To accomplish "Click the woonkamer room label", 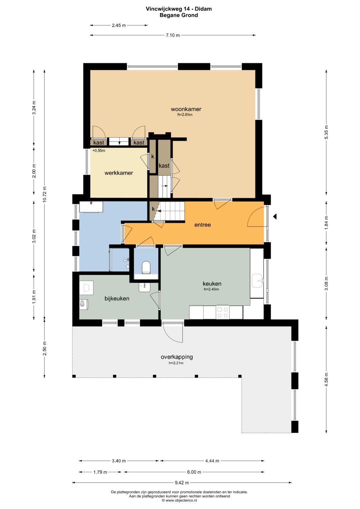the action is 186,109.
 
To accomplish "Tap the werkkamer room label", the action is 119,173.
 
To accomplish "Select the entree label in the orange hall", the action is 203,225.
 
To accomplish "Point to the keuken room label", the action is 212,284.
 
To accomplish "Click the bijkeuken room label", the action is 117,299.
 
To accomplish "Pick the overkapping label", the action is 177,357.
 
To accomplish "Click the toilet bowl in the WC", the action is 146,267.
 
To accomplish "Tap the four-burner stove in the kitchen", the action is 223,312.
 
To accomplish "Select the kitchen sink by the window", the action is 257,281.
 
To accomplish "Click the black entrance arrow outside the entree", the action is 275,217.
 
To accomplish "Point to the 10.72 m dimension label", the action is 45,194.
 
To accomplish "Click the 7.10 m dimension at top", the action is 173,35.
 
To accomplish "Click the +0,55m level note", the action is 99,150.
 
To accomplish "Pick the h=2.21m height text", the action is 176,363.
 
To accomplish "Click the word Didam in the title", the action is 203,9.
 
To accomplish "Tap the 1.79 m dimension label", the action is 100,472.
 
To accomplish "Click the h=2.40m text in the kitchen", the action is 211,289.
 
